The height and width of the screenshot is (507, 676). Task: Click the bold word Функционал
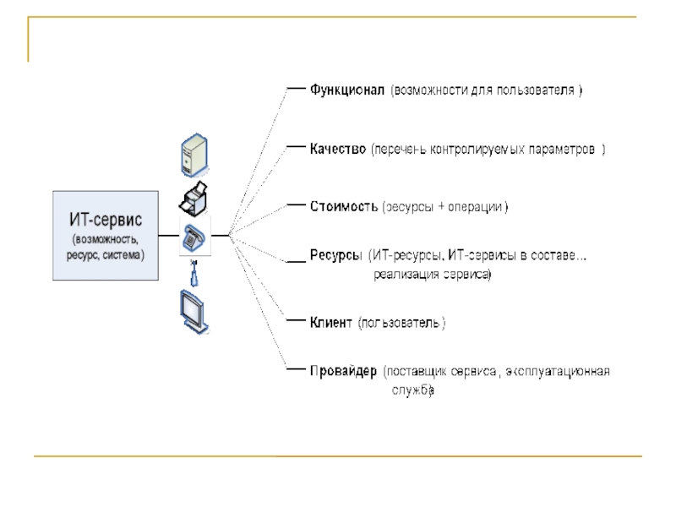[347, 89]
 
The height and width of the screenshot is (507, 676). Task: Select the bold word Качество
[338, 149]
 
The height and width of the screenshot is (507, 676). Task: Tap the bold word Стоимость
[343, 206]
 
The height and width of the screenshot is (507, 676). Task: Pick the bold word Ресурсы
[336, 254]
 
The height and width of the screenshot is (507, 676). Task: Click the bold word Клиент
[330, 322]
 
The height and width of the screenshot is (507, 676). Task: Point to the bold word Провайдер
[342, 371]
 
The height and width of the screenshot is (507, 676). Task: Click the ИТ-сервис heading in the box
[106, 219]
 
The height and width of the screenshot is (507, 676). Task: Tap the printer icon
[194, 199]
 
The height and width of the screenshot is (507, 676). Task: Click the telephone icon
[194, 239]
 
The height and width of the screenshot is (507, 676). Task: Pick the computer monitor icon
[193, 311]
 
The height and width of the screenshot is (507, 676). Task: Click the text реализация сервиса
[433, 275]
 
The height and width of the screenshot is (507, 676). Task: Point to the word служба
[412, 390]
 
